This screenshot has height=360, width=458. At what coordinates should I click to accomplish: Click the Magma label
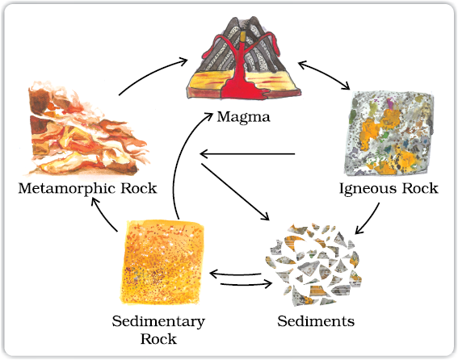coord(244,117)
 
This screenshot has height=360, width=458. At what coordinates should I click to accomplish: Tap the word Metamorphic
coord(67,188)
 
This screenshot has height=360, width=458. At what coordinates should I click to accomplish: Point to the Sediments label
coord(316,321)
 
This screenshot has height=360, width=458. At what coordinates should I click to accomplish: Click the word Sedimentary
coord(158,322)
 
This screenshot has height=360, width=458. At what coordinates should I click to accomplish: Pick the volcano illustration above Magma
coord(244,58)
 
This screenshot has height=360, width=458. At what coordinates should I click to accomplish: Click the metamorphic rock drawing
coord(87,129)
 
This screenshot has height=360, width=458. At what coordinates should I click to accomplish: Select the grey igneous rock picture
coord(389,133)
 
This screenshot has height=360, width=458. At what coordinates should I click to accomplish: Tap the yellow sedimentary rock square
coord(162,263)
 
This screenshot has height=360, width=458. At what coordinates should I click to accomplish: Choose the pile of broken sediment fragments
coord(314,265)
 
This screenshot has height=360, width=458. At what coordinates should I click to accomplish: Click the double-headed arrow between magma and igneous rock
coord(324,74)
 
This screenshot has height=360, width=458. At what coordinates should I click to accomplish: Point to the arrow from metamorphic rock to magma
coord(151,73)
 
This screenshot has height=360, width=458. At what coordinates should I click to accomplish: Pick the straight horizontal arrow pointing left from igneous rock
coord(247,153)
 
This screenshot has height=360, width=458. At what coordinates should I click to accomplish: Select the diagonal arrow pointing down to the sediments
coord(235,192)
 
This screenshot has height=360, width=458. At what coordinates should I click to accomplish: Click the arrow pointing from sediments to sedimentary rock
coord(235,274)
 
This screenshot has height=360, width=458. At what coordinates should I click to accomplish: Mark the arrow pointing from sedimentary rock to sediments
coord(246,284)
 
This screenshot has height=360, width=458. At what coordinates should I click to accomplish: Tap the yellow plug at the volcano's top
coord(243,37)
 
